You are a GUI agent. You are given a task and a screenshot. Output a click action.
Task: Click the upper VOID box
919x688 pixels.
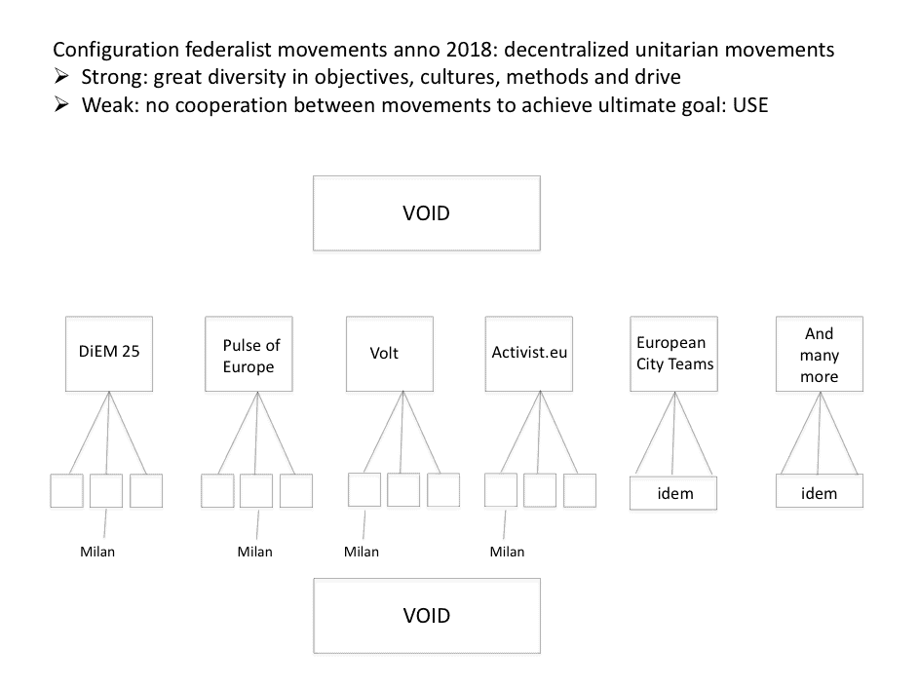[x=427, y=213]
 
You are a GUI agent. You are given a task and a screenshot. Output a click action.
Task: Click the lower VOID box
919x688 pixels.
[x=427, y=616]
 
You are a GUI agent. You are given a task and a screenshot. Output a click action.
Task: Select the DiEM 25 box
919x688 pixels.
[x=109, y=354]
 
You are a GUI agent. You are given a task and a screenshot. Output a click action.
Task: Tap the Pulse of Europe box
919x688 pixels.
[x=249, y=354]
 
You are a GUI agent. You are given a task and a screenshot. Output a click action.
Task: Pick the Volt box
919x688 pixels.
[x=390, y=354]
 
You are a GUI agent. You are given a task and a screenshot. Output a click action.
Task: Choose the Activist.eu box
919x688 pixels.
[x=528, y=354]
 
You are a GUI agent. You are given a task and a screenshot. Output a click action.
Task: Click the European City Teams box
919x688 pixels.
[x=674, y=354]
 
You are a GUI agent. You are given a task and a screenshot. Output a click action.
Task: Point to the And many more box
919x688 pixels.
[x=820, y=354]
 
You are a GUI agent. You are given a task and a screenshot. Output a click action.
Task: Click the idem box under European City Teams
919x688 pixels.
[x=673, y=493]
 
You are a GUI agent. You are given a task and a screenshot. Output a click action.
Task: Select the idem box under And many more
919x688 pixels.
[x=820, y=492]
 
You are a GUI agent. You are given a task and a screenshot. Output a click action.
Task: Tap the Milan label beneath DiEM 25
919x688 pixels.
[x=97, y=552]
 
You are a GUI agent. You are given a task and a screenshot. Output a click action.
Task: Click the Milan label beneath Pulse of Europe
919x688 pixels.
[x=255, y=552]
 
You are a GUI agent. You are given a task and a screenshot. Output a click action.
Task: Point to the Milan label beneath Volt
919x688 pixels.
[x=362, y=552]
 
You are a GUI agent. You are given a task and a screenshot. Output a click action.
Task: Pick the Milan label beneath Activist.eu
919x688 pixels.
[x=508, y=552]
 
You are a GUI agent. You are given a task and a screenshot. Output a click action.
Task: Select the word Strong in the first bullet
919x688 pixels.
[x=114, y=77]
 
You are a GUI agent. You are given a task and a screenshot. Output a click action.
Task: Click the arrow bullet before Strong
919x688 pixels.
[x=61, y=76]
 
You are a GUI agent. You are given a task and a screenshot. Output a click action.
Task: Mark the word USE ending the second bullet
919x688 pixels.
[x=750, y=105]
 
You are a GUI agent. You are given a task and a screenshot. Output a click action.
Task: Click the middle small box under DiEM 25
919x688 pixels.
[x=106, y=490]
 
